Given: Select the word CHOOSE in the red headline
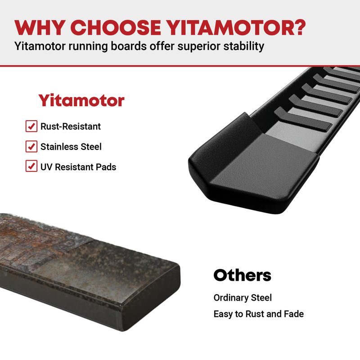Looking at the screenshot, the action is pos(117,27).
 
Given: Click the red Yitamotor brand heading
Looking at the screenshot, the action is pos(81,100).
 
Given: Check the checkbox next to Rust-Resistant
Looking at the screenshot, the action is pos(31,126).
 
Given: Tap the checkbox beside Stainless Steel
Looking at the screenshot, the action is pos(31,146).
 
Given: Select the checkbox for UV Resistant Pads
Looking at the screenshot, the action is pos(31,166).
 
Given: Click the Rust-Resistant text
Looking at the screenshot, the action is pos(71,126).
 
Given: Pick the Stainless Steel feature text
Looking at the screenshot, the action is pos(71,147).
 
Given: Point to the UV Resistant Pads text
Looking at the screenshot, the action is pos(78,167).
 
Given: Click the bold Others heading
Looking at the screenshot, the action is pos(242,275).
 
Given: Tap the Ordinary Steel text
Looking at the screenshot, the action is pos(243,297).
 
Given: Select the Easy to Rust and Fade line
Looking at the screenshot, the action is pos(259,314).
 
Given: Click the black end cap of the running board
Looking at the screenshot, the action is pos(252,165).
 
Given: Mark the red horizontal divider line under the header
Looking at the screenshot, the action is pos(180,66).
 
